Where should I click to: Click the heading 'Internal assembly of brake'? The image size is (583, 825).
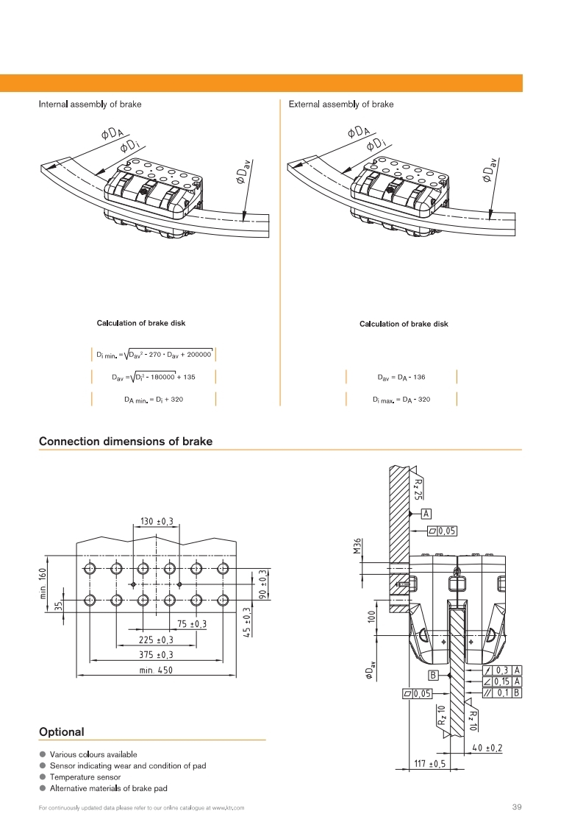pyautogui.click(x=90, y=105)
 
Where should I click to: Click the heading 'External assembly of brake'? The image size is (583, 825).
pyautogui.click(x=341, y=105)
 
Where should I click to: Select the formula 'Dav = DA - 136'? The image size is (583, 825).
pyautogui.click(x=401, y=378)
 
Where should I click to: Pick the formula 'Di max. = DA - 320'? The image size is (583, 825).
pyautogui.click(x=401, y=400)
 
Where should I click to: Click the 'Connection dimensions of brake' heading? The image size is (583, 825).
pyautogui.click(x=125, y=442)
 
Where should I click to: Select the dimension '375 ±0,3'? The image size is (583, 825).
pyautogui.click(x=156, y=654)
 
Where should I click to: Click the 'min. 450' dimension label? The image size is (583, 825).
pyautogui.click(x=156, y=670)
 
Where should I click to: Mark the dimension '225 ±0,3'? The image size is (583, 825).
pyautogui.click(x=156, y=640)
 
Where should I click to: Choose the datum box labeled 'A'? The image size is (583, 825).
pyautogui.click(x=426, y=514)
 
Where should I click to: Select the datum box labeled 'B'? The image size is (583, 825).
pyautogui.click(x=433, y=675)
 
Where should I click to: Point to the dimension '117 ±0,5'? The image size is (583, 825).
pyautogui.click(x=430, y=764)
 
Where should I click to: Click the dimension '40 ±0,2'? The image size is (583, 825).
pyautogui.click(x=487, y=748)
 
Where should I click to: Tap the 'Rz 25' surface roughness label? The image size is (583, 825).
pyautogui.click(x=418, y=486)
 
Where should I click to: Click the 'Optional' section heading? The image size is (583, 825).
pyautogui.click(x=61, y=732)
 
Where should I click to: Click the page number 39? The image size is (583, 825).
pyautogui.click(x=516, y=807)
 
